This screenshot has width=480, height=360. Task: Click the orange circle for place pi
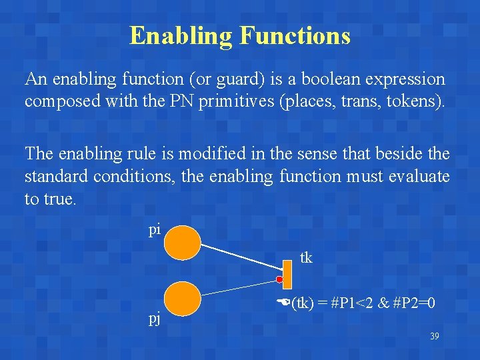(182, 243)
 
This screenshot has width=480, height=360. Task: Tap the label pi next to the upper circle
(154, 230)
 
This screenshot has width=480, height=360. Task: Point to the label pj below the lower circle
(154, 318)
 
